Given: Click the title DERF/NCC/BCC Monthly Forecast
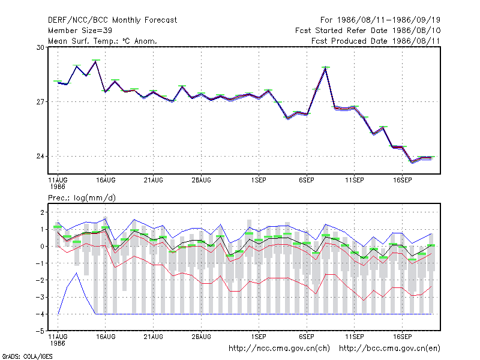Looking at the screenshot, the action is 112,20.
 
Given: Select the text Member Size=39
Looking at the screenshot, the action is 80,31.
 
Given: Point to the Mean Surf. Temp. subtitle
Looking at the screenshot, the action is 103,41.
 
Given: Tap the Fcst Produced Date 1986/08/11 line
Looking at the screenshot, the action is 376,41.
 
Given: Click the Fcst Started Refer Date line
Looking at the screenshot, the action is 368,31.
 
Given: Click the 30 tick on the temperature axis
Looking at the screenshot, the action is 40,47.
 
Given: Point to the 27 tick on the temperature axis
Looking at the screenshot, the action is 40,101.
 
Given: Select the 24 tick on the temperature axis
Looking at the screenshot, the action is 40,157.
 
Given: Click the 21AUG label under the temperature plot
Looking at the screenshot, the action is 154,181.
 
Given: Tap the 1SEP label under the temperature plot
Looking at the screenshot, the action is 259,181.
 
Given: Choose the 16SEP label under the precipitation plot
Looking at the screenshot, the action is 402,337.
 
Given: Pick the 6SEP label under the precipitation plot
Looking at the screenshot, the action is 307,337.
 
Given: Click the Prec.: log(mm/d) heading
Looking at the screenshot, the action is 82,198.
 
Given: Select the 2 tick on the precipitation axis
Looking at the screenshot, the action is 42,212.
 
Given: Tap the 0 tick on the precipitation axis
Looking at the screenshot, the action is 42,247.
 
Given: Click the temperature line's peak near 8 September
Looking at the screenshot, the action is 325,68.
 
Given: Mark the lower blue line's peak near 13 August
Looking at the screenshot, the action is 77,273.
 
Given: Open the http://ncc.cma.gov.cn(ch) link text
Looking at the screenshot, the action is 279,349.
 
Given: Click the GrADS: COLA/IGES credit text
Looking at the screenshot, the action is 27,356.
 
